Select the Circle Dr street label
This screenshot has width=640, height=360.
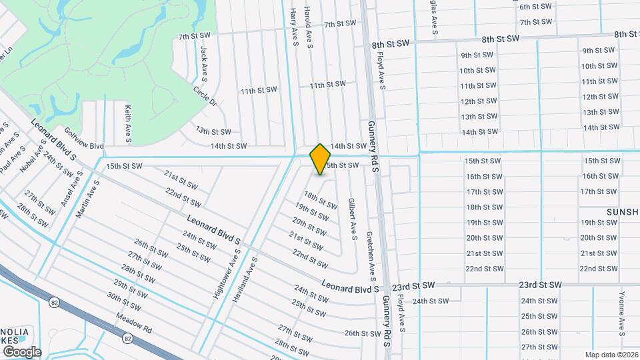[x=205, y=96]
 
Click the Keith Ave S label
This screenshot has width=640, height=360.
[x=128, y=123]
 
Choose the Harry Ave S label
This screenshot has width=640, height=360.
[x=293, y=27]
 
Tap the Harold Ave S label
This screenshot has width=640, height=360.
[x=309, y=27]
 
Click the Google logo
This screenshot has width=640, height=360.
[x=21, y=351]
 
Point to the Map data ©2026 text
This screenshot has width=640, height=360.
[x=611, y=355]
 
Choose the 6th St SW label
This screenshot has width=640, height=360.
[x=536, y=7]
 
